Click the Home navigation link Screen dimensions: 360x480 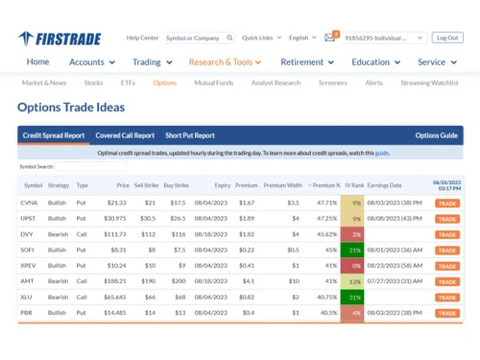click(x=37, y=62)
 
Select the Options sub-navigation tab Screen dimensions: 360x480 click(x=164, y=83)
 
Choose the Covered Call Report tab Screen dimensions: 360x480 click(x=125, y=135)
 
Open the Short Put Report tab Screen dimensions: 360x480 click(x=190, y=135)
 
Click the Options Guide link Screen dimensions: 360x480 click(x=436, y=135)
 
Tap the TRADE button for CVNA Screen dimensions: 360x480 click(x=447, y=204)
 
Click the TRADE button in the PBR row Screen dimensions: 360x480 click(x=447, y=313)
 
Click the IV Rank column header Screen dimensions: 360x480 click(x=355, y=184)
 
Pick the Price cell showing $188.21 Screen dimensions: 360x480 click(x=115, y=281)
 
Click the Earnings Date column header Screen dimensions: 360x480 click(x=384, y=184)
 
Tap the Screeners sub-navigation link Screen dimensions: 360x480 click(x=332, y=83)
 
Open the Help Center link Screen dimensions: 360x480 click(x=142, y=38)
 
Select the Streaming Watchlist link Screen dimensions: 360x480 click(x=429, y=83)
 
